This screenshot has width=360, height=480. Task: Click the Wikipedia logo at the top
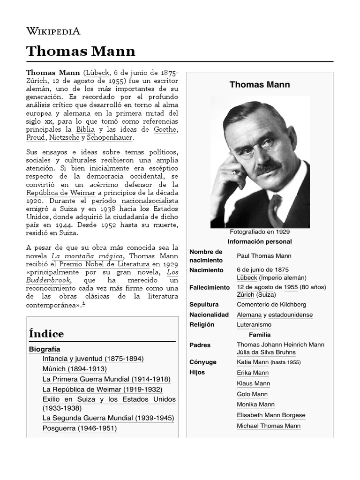(x=53, y=31)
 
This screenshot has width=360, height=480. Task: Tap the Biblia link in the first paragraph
(x=86, y=129)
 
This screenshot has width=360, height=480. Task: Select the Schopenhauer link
(x=110, y=138)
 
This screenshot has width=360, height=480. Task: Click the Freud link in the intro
(x=36, y=138)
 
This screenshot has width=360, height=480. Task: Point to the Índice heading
(x=46, y=334)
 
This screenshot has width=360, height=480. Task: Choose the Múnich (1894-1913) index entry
(x=75, y=369)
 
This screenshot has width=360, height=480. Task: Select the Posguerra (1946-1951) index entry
(x=79, y=428)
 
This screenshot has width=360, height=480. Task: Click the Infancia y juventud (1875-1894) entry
(x=93, y=359)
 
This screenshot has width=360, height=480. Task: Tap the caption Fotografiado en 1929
(x=260, y=232)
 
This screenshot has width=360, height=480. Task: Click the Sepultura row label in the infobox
(x=204, y=305)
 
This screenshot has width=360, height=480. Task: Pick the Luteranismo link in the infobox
(x=254, y=324)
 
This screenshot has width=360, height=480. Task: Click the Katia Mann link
(x=253, y=362)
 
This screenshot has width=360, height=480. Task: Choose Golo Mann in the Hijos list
(x=252, y=394)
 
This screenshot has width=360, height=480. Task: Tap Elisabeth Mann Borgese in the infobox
(x=271, y=415)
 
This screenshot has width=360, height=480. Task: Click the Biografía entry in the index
(x=45, y=349)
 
